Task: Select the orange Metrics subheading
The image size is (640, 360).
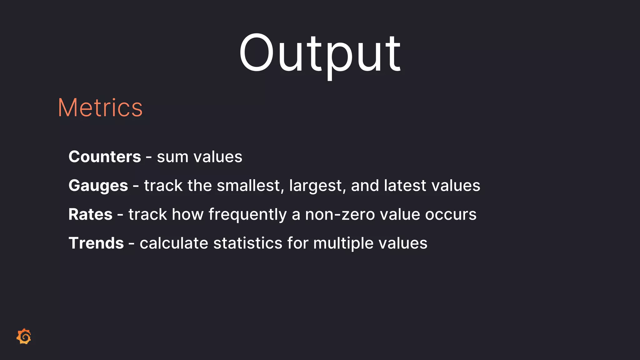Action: point(100,108)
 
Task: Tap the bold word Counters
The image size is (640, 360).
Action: point(105,157)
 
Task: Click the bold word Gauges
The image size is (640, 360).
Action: point(98,186)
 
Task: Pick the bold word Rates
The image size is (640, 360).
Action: point(90,214)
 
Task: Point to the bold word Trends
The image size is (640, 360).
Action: point(96,243)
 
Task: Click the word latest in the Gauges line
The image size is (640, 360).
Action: point(405,186)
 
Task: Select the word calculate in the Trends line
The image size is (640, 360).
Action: point(174,243)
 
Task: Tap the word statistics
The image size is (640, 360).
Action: point(247,243)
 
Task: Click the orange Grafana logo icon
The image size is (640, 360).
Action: point(24,337)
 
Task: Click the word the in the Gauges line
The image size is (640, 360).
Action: point(199,186)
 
